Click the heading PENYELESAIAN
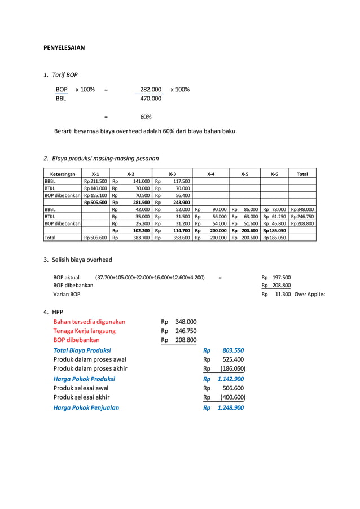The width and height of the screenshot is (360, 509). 64,48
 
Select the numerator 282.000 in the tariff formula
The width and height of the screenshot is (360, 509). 151,90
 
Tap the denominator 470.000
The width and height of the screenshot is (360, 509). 151,99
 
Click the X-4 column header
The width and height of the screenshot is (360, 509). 210,174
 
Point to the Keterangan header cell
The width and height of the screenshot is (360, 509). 62,174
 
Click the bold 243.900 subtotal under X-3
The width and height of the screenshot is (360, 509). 181,202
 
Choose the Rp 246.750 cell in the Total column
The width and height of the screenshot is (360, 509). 302,216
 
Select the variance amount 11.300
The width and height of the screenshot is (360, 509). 283,295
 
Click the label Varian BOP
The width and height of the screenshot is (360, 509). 67,295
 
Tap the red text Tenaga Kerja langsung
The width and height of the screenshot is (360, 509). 84,331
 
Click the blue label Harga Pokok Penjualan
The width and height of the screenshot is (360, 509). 86,407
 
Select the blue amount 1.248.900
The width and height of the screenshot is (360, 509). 230,407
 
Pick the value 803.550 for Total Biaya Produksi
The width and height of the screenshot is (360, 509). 233,350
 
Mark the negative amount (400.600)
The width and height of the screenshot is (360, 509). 232,398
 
